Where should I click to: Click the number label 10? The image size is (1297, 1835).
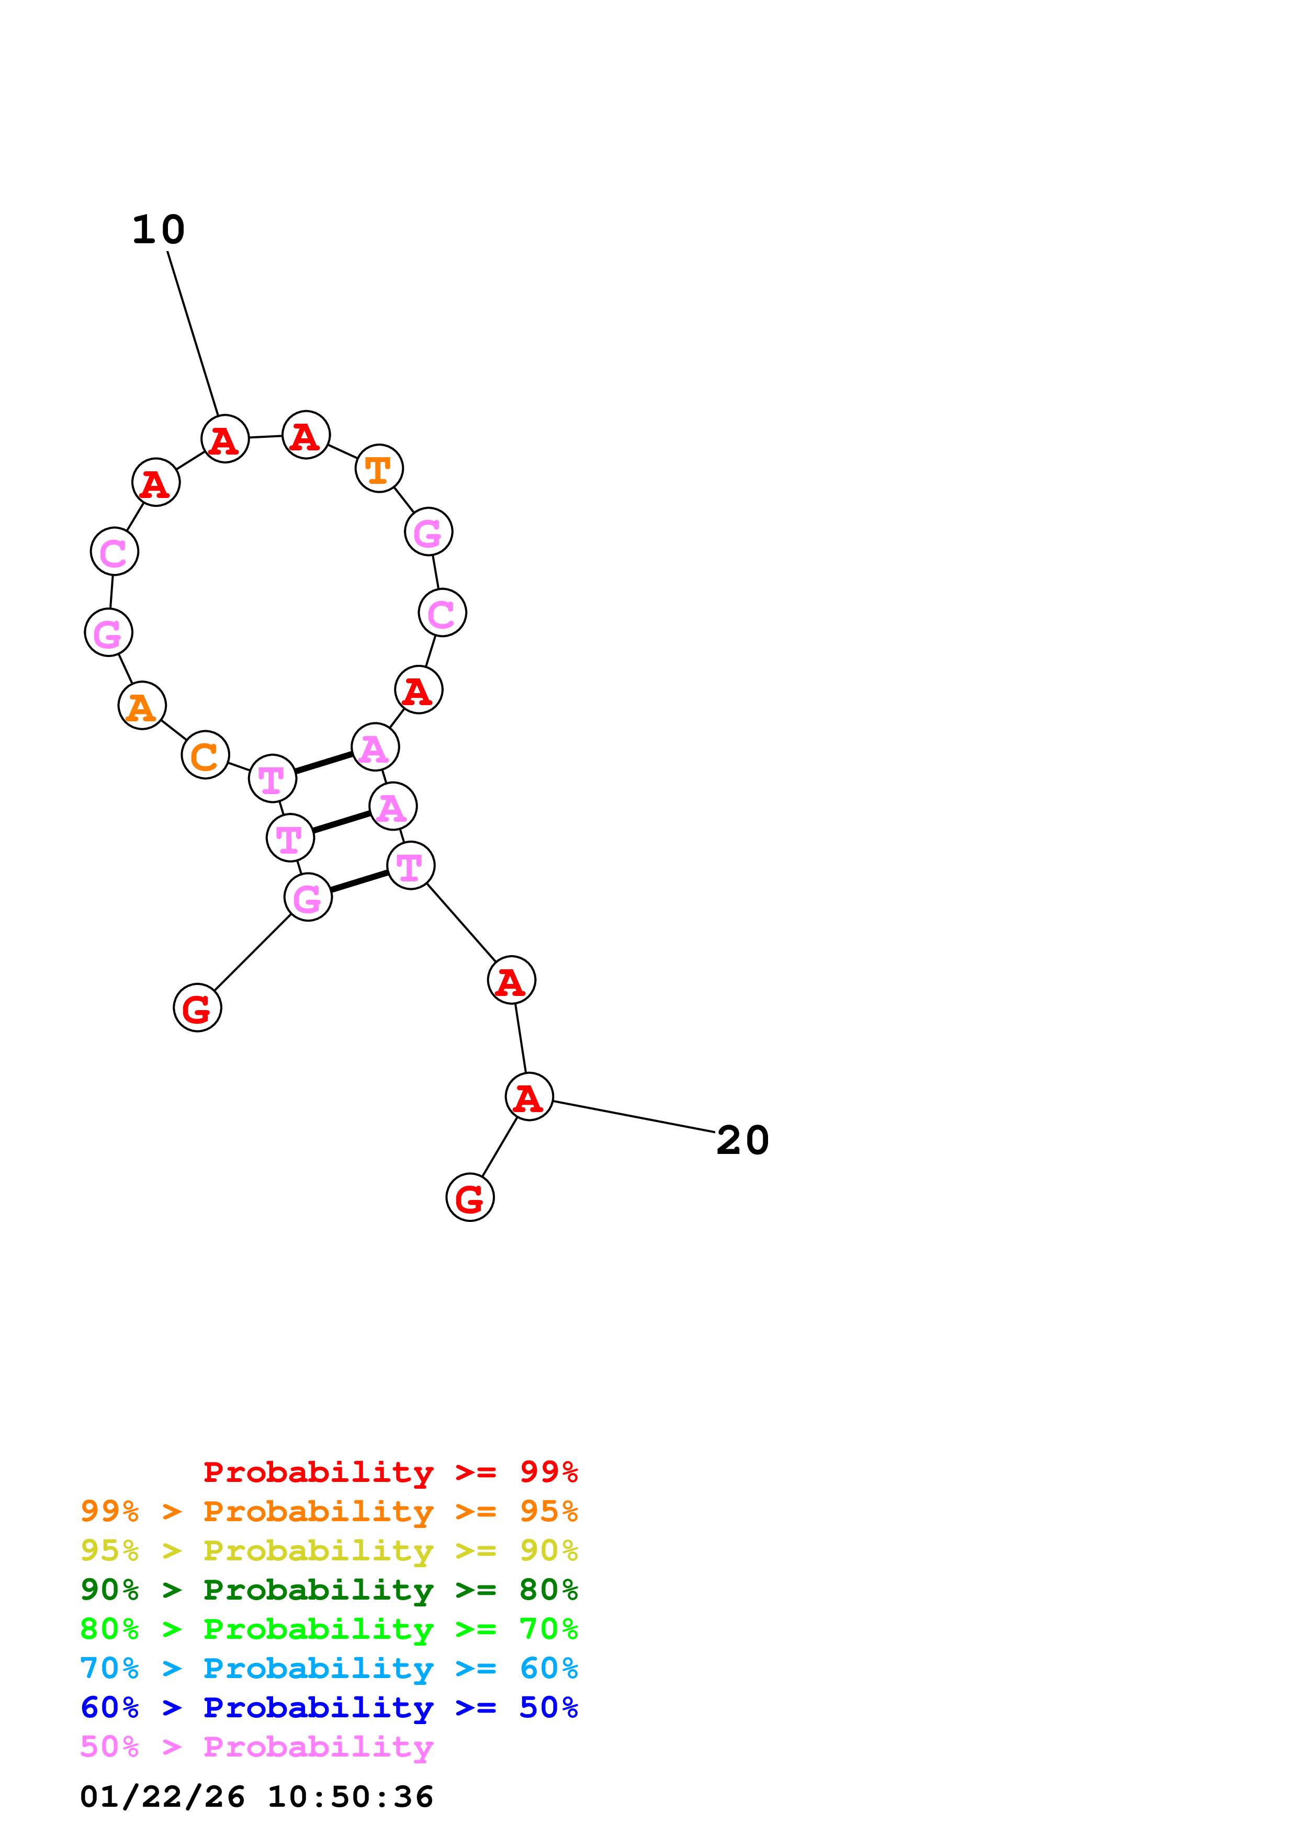click(x=158, y=230)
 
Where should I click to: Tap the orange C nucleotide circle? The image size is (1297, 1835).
click(x=206, y=754)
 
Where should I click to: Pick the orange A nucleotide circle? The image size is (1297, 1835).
click(x=142, y=706)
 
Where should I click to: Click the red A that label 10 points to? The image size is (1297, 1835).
click(x=225, y=439)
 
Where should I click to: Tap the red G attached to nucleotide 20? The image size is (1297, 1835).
click(x=470, y=1197)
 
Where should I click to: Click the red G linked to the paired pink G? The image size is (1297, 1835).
click(x=197, y=1008)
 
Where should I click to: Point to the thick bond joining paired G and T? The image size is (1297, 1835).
click(x=359, y=881)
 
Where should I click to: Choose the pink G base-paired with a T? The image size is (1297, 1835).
click(x=308, y=897)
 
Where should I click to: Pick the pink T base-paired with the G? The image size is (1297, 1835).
click(x=411, y=866)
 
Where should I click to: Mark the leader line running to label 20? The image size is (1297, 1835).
click(x=634, y=1116)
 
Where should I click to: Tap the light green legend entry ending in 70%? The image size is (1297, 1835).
click(x=329, y=1629)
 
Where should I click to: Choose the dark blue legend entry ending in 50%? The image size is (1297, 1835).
click(x=329, y=1707)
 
